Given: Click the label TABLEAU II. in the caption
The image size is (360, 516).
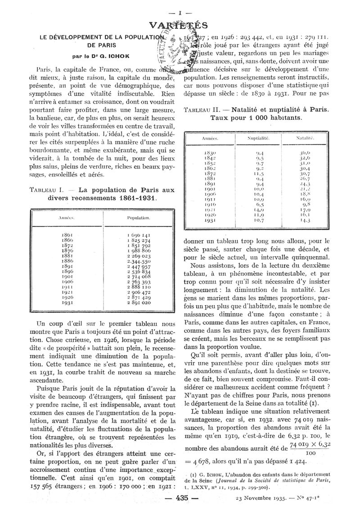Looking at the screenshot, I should point(202,110).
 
